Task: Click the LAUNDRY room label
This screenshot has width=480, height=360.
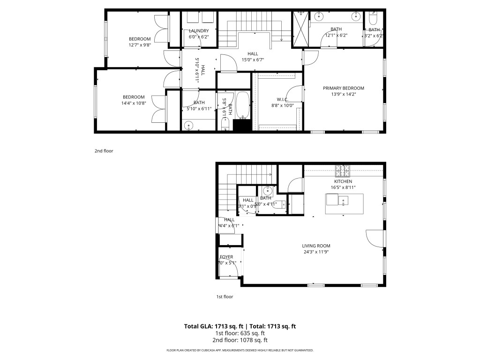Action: point(199,31)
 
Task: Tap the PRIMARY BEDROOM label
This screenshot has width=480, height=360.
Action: point(343,88)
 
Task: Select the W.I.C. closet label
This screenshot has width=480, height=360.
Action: point(282,99)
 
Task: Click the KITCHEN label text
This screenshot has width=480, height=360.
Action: point(343,181)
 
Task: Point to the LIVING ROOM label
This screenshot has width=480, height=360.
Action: point(316,246)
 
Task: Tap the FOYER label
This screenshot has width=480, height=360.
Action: point(226,257)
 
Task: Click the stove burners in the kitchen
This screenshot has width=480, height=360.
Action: point(343,169)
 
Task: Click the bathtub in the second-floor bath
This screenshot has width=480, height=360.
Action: point(242,105)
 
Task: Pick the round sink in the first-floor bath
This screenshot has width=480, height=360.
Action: point(268,191)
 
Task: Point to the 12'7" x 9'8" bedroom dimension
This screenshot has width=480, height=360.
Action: point(140,45)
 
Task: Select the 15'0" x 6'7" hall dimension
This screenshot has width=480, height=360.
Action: point(253,60)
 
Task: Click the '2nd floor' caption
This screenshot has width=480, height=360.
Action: point(104,151)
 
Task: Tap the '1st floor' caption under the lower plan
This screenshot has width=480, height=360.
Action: point(225,297)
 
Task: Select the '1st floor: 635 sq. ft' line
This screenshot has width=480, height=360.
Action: point(240,333)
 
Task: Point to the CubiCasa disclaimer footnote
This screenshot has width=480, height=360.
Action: point(240,350)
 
